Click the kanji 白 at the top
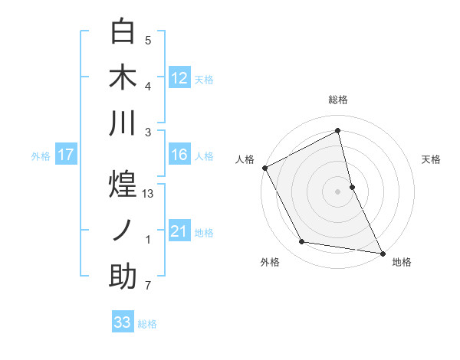point(123,32)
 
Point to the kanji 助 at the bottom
point(123,277)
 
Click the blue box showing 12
point(179,77)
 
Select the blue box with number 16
point(179,155)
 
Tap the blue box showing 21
point(179,231)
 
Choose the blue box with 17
point(66,155)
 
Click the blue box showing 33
point(123,322)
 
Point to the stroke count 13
point(149,195)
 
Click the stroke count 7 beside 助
point(148,286)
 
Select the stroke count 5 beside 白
point(148,41)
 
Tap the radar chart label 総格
point(338,100)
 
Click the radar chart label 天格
point(431,159)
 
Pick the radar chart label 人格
point(245,159)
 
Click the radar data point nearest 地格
point(382,253)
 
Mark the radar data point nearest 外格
point(302,242)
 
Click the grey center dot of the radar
point(337,191)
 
